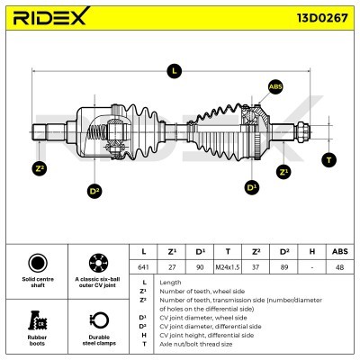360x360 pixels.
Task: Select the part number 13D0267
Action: coord(322,18)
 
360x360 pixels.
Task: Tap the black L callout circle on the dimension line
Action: coord(175,71)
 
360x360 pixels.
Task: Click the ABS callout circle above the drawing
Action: coord(275,86)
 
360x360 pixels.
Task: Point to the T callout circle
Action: coord(329,160)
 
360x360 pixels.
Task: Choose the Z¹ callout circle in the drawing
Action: coord(283,172)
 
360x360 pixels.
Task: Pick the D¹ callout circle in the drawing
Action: coord(252,187)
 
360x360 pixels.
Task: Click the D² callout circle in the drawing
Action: coord(94,191)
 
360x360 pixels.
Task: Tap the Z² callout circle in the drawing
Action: coord(40,168)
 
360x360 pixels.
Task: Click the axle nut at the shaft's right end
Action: coord(301,132)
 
